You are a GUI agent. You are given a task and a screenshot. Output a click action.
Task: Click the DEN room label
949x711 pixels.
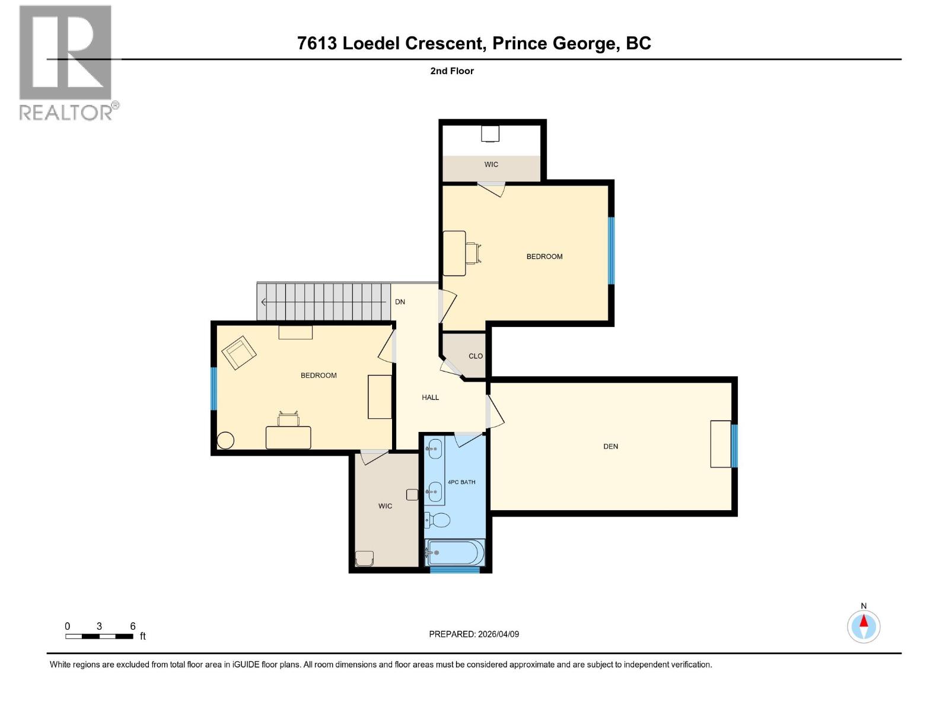tap(610, 446)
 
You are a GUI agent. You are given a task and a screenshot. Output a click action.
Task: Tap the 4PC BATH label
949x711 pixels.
tap(461, 482)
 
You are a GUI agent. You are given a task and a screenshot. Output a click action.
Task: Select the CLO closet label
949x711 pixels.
tap(475, 356)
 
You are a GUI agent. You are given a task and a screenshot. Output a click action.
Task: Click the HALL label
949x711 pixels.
tap(430, 398)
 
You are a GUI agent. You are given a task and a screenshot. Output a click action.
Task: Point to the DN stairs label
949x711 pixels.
tap(400, 302)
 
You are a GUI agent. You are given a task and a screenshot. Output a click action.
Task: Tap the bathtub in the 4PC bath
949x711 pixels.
tap(456, 552)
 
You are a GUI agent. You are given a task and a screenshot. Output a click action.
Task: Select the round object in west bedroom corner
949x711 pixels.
tap(225, 440)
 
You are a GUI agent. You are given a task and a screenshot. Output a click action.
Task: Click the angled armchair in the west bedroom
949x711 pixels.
tap(238, 353)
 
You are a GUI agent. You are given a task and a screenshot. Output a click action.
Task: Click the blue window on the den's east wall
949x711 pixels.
tap(734, 446)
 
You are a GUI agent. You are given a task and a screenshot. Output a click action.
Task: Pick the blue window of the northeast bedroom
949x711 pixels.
tap(611, 250)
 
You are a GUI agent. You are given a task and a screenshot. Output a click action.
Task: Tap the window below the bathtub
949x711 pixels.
tap(454, 570)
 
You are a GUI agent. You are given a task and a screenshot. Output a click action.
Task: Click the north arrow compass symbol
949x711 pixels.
tap(864, 626)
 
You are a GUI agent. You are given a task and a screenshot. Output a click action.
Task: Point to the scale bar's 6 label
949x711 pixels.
tap(132, 626)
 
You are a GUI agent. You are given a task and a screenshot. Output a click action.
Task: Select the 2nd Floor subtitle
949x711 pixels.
tap(452, 71)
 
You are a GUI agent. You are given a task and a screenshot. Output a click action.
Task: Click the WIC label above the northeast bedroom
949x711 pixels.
tap(491, 164)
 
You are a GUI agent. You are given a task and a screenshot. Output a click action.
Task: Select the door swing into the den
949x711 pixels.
tap(495, 412)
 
